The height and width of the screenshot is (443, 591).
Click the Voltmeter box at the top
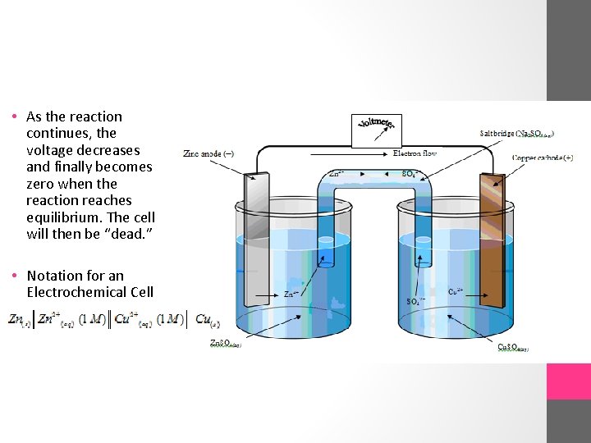[377, 130]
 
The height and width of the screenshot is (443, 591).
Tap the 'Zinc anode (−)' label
[208, 153]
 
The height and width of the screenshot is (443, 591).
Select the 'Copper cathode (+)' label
[542, 158]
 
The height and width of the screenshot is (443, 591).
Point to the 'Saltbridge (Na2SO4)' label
[516, 133]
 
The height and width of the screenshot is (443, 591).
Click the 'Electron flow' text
[415, 153]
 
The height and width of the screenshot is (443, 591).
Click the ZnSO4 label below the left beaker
[226, 344]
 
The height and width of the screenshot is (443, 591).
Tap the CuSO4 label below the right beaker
[513, 347]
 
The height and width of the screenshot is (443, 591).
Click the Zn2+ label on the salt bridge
[337, 174]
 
